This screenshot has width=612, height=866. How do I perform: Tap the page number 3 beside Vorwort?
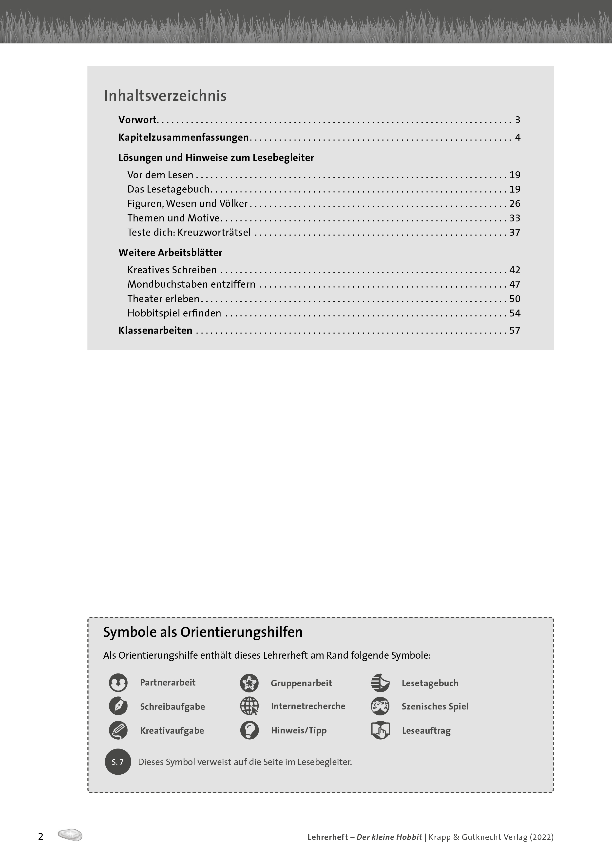click(517, 120)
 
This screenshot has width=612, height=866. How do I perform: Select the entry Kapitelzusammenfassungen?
click(183, 137)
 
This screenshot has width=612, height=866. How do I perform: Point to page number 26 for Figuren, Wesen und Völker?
click(515, 204)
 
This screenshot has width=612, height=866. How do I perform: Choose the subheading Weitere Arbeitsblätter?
click(170, 253)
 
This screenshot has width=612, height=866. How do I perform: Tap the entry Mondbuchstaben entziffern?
click(191, 284)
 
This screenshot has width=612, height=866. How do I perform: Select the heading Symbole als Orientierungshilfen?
click(203, 632)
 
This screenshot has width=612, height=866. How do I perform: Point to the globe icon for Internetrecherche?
click(249, 706)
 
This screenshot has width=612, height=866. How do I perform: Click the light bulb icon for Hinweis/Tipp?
click(249, 730)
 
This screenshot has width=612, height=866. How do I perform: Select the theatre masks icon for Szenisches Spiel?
click(380, 706)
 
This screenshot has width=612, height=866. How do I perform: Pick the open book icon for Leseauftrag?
click(380, 730)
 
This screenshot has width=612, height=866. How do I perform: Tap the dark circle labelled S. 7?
click(118, 762)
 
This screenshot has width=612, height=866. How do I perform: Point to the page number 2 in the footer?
click(41, 837)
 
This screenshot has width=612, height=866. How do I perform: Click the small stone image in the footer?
click(70, 835)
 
